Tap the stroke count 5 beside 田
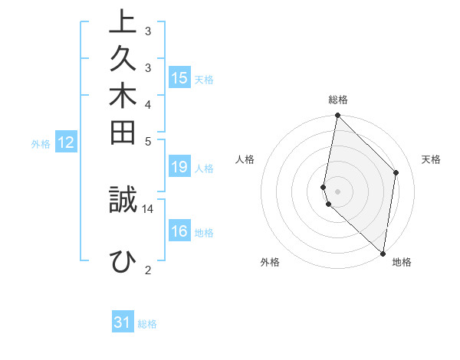click(148, 141)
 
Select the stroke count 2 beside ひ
click(148, 270)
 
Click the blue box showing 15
click(179, 77)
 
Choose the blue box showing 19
click(179, 167)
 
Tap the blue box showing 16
click(179, 231)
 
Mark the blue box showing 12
click(66, 142)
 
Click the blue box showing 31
click(123, 322)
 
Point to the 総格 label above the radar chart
click(338, 100)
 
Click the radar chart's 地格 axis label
click(402, 263)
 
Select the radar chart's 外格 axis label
click(270, 263)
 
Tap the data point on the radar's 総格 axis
click(337, 116)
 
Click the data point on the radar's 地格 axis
click(383, 254)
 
